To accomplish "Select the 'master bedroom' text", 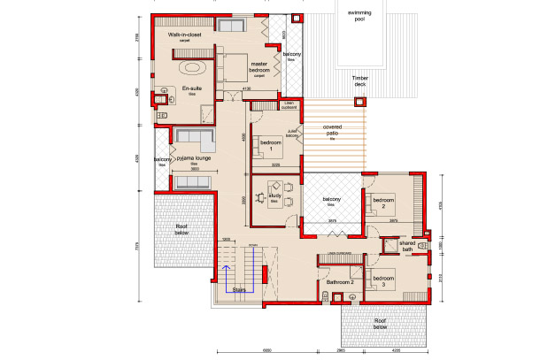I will click(x=258, y=66).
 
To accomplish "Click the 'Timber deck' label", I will click(x=359, y=81).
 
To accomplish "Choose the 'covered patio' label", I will click(x=333, y=130).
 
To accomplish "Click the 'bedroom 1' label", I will click(x=271, y=142).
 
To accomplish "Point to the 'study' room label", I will click(x=274, y=199).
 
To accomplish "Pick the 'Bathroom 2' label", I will click(x=339, y=282).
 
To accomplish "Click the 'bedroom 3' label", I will click(x=383, y=283).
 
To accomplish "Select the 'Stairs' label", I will click(x=238, y=288).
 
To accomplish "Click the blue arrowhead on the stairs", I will click(x=226, y=266).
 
